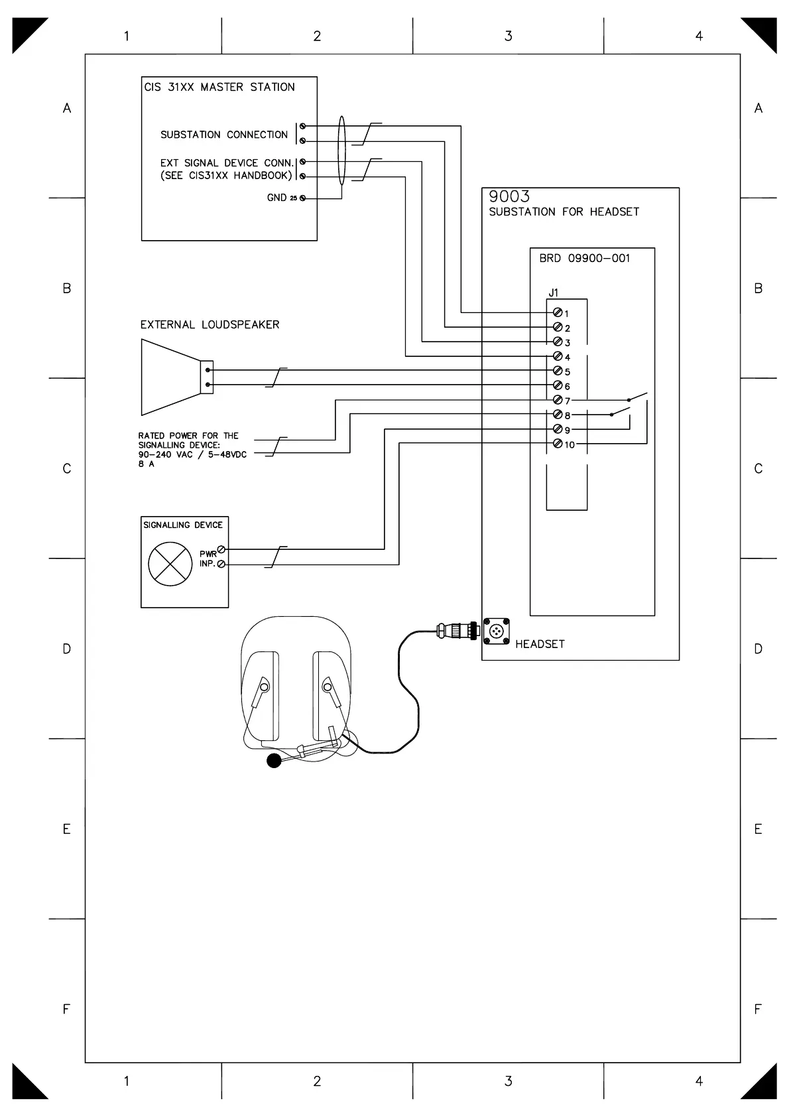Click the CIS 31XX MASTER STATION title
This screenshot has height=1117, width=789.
click(x=219, y=87)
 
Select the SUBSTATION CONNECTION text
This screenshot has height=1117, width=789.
click(x=224, y=135)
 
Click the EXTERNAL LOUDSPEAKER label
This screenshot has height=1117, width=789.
click(x=210, y=324)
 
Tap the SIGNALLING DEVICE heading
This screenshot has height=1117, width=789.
click(x=183, y=525)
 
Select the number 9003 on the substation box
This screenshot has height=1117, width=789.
click(x=509, y=196)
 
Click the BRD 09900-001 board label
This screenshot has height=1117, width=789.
click(x=584, y=259)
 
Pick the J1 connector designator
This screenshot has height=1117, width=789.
click(x=554, y=293)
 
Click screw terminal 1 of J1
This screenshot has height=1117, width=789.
click(x=558, y=312)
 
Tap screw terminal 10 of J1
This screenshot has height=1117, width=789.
click(x=558, y=444)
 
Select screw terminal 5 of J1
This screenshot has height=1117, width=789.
click(x=558, y=371)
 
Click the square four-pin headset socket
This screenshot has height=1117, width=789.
click(x=496, y=631)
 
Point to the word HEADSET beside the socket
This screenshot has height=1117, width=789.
click(x=540, y=644)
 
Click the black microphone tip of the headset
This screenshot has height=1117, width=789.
click(x=274, y=761)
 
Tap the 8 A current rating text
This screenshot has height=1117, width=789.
click(x=147, y=464)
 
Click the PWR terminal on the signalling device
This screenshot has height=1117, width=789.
click(x=221, y=549)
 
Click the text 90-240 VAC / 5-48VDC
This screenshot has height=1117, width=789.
click(x=192, y=455)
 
